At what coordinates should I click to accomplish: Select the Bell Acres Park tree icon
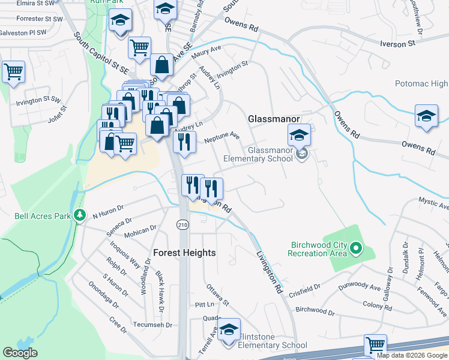click(79, 215)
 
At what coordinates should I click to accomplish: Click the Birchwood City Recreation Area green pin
click(356, 247)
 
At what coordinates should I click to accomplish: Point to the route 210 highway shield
click(182, 224)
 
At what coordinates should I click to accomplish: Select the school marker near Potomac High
click(426, 116)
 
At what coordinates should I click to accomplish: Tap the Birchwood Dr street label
click(315, 311)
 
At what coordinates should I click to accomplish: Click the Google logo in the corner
click(20, 353)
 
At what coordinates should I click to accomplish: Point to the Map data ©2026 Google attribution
click(412, 355)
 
